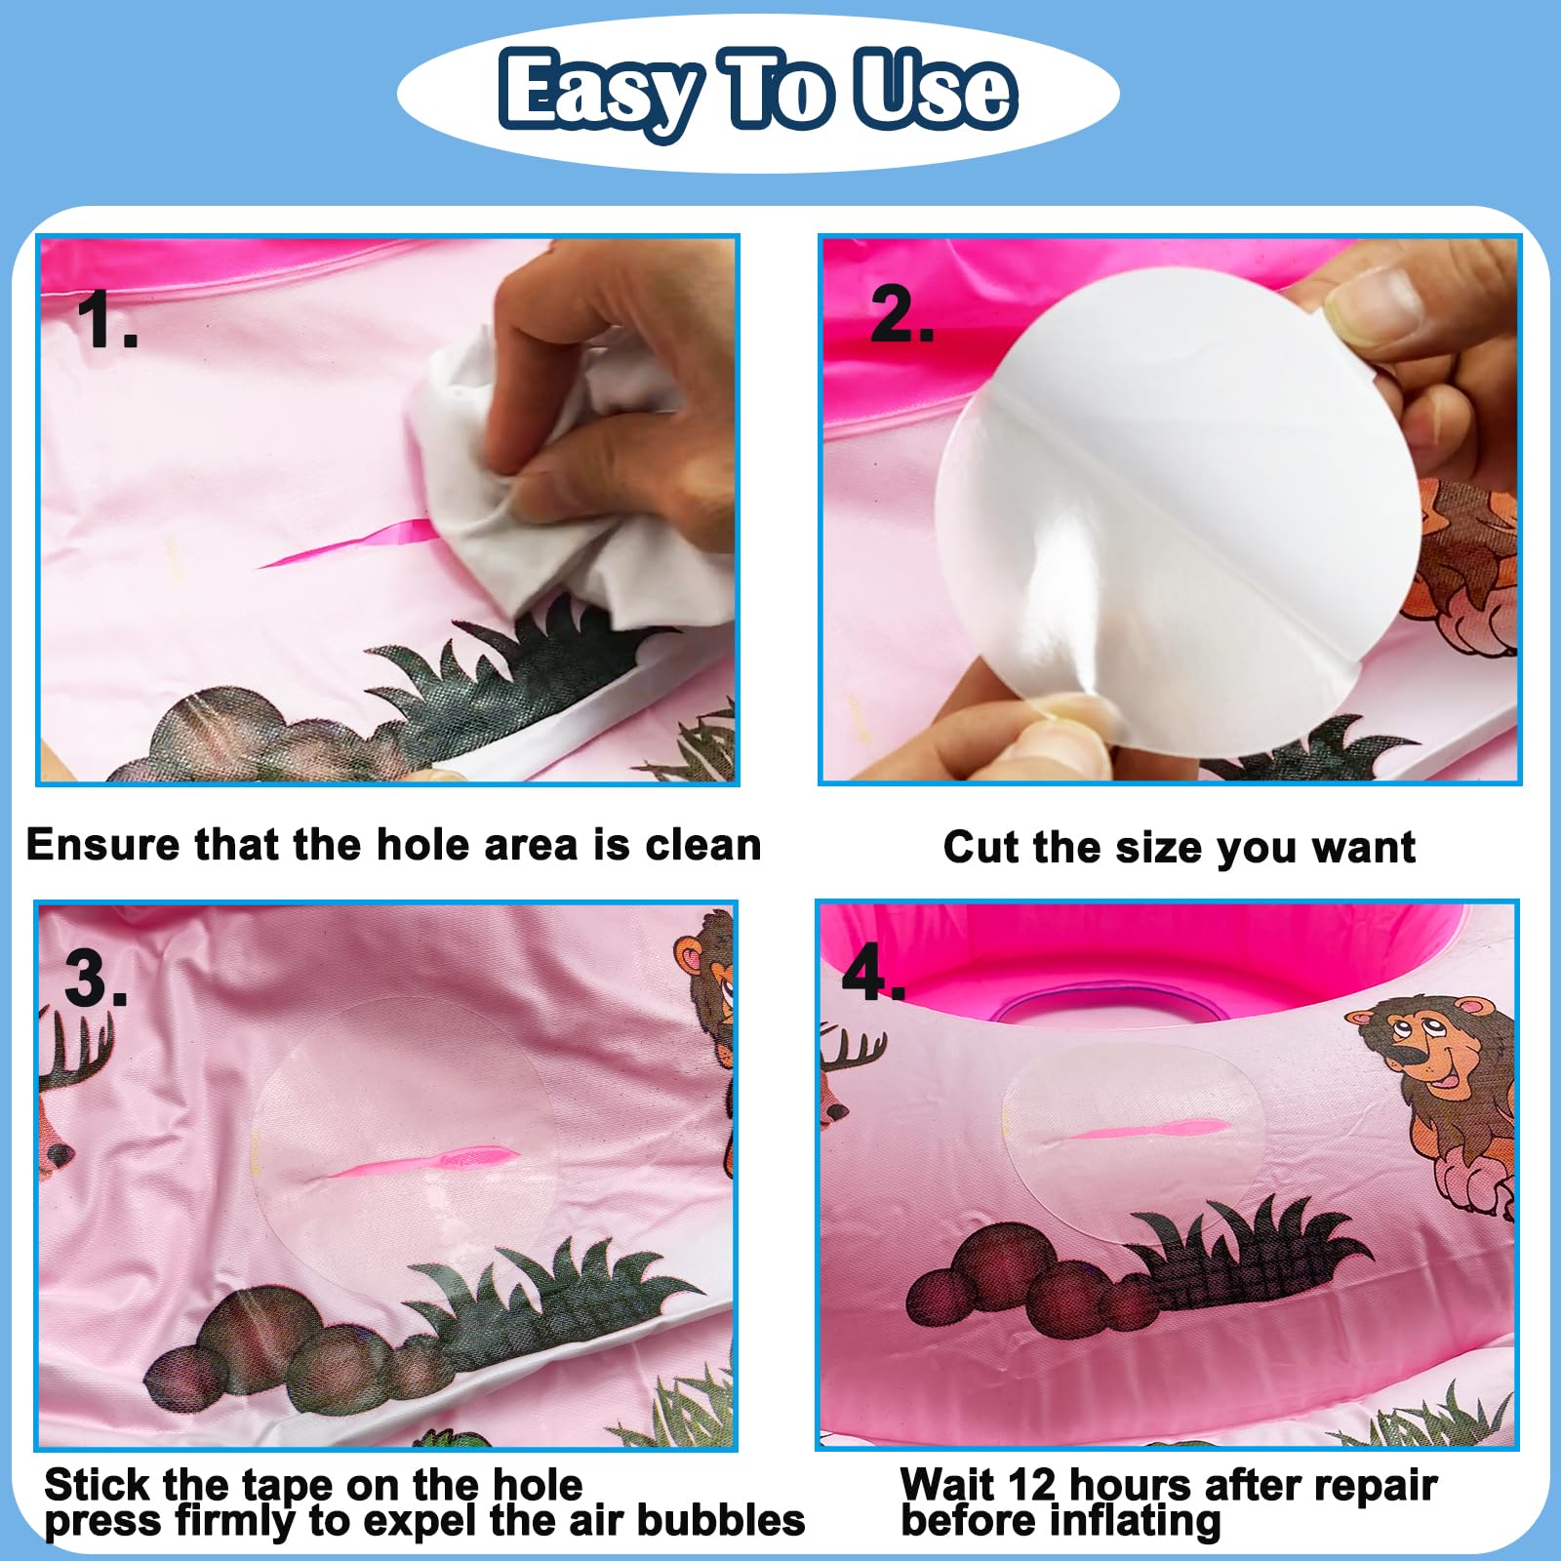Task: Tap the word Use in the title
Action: coord(935,90)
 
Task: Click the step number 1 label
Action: coord(106,319)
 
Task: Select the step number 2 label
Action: coord(901,315)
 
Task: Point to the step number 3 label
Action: coord(96,978)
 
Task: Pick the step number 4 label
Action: coord(873,973)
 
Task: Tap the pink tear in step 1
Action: coord(346,544)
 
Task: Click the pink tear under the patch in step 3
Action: coord(420,1162)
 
